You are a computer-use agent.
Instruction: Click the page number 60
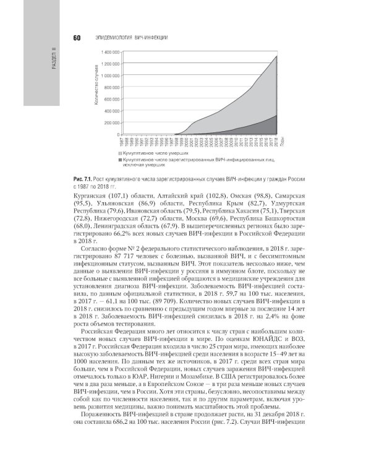(77, 38)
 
